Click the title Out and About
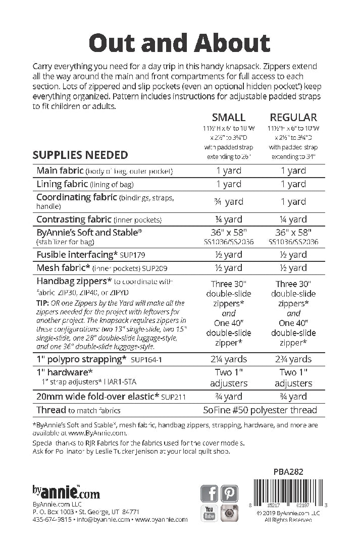point(179,43)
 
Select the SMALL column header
point(229,117)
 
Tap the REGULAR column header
point(293,117)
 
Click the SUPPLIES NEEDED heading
point(80,155)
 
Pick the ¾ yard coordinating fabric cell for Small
point(229,201)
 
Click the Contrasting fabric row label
point(74,219)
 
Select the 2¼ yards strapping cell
point(229,359)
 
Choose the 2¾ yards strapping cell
point(293,359)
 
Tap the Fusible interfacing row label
point(74,255)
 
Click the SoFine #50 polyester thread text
point(260,410)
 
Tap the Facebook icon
point(209,493)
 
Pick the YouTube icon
point(209,513)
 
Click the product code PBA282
point(287,472)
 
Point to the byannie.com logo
point(66,491)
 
